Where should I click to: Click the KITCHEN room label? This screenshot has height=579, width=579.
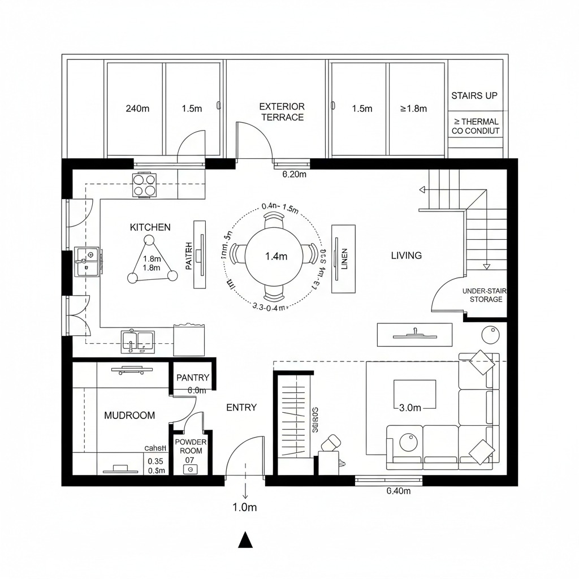pyautogui.click(x=150, y=227)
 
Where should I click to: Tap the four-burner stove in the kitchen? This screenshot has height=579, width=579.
pyautogui.click(x=144, y=185)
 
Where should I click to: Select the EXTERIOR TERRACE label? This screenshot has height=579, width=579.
pyautogui.click(x=282, y=112)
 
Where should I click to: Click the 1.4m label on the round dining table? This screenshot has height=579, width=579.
pyautogui.click(x=276, y=256)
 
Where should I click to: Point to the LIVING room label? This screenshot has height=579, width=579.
pyautogui.click(x=406, y=256)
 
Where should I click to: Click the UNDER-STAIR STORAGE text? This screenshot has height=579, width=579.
pyautogui.click(x=485, y=295)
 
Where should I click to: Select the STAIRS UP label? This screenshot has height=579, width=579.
pyautogui.click(x=474, y=96)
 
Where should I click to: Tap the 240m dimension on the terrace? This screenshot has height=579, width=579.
pyautogui.click(x=137, y=109)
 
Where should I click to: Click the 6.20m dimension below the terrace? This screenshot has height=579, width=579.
pyautogui.click(x=294, y=175)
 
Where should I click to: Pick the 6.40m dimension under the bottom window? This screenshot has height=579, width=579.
pyautogui.click(x=398, y=491)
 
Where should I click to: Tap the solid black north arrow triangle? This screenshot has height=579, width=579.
pyautogui.click(x=245, y=541)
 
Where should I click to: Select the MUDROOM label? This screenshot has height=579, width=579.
pyautogui.click(x=129, y=416)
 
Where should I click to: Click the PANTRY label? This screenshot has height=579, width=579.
pyautogui.click(x=193, y=378)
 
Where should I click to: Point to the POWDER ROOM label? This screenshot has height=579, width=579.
pyautogui.click(x=191, y=447)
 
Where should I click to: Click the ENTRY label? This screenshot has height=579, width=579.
pyautogui.click(x=241, y=408)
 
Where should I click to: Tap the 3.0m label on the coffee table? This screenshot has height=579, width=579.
pyautogui.click(x=410, y=407)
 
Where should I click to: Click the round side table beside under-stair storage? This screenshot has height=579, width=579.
pyautogui.click(x=491, y=335)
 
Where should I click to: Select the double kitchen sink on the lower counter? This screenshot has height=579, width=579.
pyautogui.click(x=137, y=341)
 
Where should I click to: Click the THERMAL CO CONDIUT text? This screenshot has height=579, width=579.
pyautogui.click(x=476, y=126)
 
